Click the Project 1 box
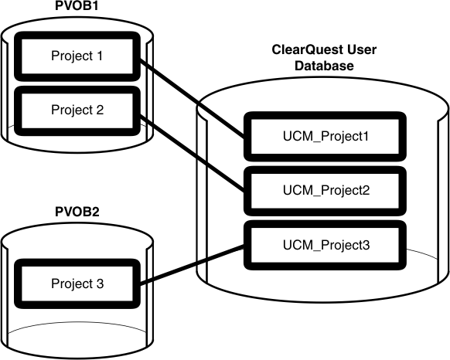(x=76, y=56)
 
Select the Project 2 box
(x=76, y=109)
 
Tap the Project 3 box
(x=76, y=284)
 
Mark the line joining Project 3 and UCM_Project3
(x=193, y=265)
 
